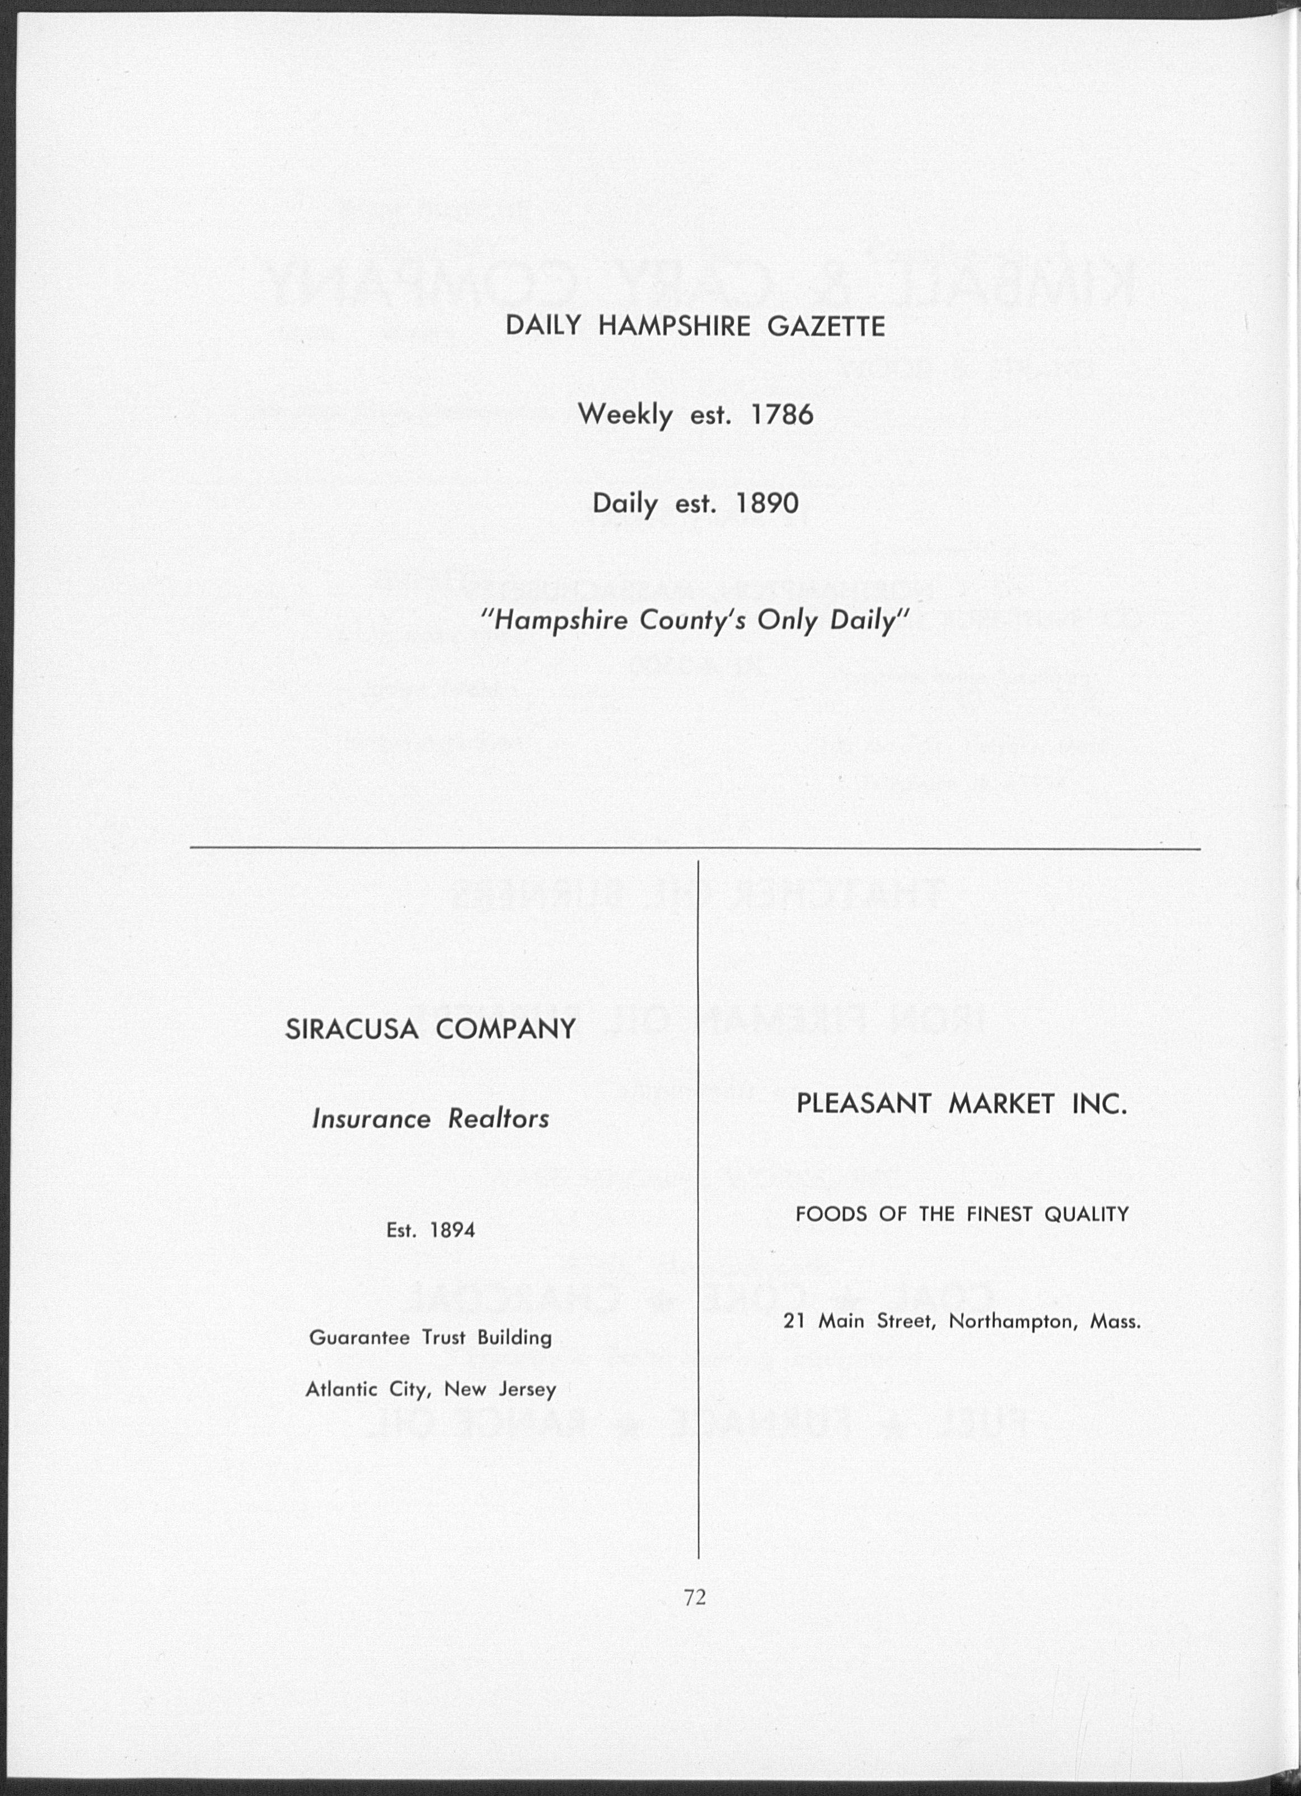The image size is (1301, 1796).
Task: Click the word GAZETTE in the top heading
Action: [x=826, y=326]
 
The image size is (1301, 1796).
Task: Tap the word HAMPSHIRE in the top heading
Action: [x=673, y=326]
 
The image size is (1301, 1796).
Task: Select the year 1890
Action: [x=768, y=503]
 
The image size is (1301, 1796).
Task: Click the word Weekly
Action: [x=625, y=415]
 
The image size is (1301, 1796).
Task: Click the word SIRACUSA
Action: [x=352, y=1029]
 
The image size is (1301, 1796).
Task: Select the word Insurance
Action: [x=371, y=1119]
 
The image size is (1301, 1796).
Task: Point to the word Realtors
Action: [x=498, y=1119]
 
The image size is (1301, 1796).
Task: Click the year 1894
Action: [x=452, y=1230]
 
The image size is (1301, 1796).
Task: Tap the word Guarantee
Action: [x=359, y=1338]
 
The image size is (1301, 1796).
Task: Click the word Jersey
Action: [x=527, y=1390]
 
